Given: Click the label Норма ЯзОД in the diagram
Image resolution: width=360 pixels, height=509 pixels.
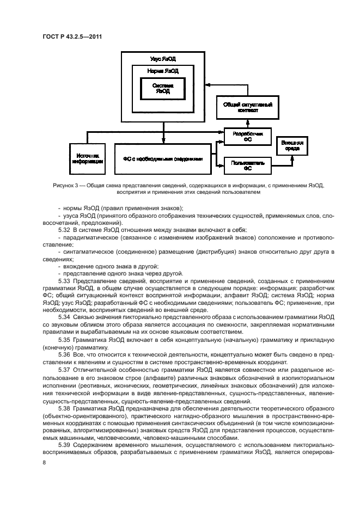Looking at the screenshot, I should [163, 71].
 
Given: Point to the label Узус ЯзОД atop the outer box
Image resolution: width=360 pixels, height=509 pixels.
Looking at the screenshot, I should [163, 58].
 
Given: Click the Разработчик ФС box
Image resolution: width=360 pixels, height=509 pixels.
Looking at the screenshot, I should [247, 136].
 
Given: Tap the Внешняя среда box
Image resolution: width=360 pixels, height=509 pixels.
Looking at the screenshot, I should [291, 145].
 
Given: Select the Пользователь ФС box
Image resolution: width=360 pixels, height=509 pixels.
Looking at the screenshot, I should [247, 165].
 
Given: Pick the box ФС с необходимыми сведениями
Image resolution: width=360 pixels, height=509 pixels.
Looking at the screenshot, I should [163, 159].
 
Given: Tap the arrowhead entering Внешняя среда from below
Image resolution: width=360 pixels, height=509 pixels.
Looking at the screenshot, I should [291, 158].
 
